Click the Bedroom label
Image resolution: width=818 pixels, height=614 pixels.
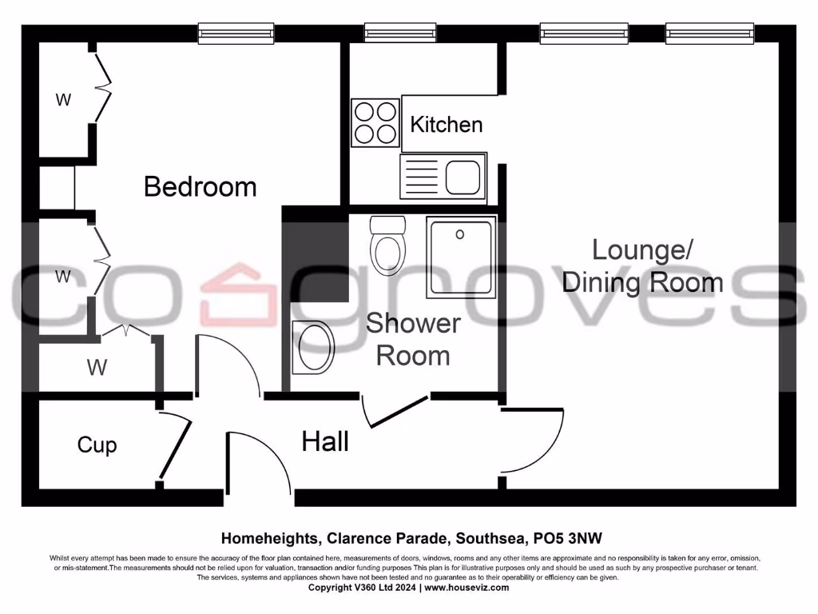point(200,187)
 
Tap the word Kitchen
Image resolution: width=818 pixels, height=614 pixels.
point(447,125)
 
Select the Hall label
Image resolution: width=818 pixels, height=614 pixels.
point(325,441)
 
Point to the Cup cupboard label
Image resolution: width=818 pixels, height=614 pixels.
point(97,445)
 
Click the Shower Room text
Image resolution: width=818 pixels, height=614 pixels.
point(413,340)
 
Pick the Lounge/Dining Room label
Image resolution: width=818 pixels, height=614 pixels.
point(643,265)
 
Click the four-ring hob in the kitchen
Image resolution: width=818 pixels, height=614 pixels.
point(375,122)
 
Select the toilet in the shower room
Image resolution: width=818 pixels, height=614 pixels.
point(389,243)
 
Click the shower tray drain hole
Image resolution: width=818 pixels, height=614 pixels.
point(460,234)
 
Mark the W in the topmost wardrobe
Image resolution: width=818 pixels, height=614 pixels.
point(63,100)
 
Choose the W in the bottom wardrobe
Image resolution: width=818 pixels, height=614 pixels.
point(97,368)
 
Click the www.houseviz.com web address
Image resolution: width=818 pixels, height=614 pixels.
point(466,588)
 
